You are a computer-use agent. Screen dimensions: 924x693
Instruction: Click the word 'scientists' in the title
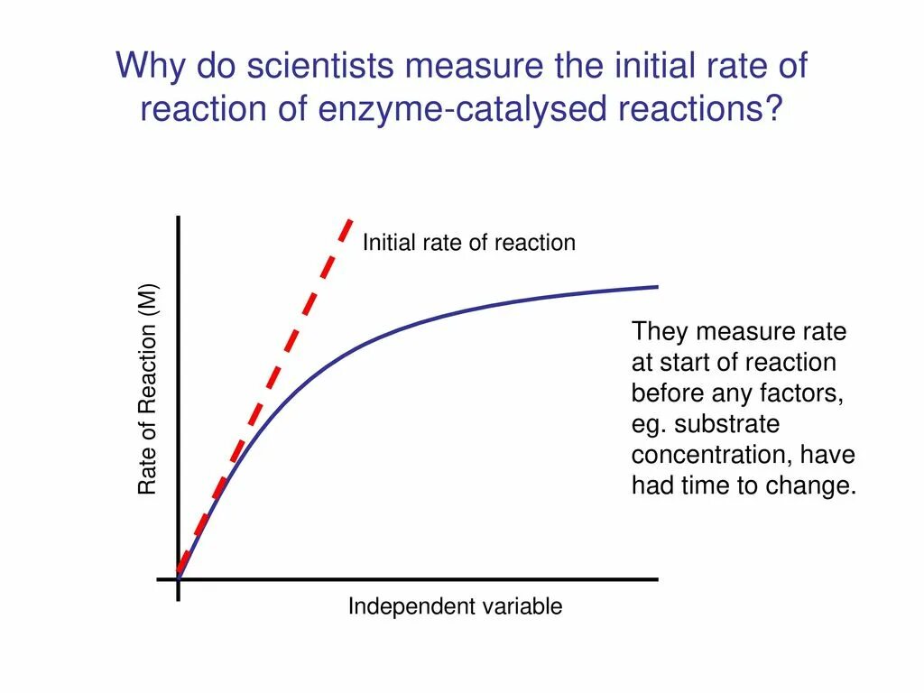[x=320, y=65]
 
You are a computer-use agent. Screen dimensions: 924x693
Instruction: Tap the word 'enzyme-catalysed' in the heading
[x=463, y=108]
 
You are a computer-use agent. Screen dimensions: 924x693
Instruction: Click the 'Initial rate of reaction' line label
[x=469, y=242]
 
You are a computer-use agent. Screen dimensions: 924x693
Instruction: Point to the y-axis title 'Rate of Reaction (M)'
[x=147, y=389]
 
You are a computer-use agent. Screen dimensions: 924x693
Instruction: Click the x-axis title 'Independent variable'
[x=455, y=606]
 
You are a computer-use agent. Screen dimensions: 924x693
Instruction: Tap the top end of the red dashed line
[x=350, y=220]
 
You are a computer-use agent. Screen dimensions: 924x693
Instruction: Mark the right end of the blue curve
[x=658, y=287]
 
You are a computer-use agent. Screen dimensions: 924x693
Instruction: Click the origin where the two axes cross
[x=178, y=579]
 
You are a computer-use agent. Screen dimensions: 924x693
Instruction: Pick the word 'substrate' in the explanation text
[x=727, y=424]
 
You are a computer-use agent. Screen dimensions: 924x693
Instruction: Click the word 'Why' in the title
[x=151, y=65]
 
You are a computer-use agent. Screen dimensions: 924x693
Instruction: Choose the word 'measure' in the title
[x=475, y=65]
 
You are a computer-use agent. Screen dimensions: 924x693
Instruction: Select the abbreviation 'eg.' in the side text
[x=649, y=425]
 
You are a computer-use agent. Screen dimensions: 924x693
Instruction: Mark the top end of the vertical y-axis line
[x=178, y=217]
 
